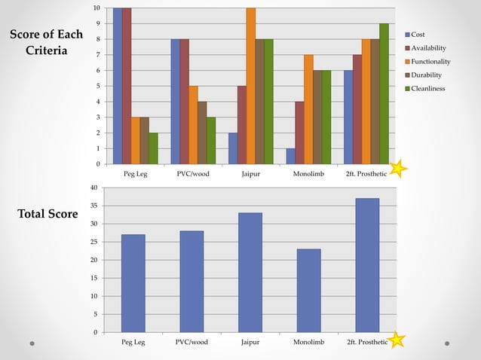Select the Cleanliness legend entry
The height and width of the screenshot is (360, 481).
pyautogui.click(x=427, y=88)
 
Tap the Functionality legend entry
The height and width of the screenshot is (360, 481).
pyautogui.click(x=430, y=61)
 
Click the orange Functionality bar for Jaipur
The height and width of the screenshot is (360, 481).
pyautogui.click(x=250, y=86)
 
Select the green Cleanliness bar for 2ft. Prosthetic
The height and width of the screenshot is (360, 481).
pyautogui.click(x=384, y=93)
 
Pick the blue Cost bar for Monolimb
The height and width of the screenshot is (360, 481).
pyautogui.click(x=290, y=156)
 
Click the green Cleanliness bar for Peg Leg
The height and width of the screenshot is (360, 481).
pyautogui.click(x=153, y=148)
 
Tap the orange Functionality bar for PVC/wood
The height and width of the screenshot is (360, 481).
pyautogui.click(x=193, y=125)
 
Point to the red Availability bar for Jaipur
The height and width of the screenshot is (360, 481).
pyautogui.click(x=241, y=125)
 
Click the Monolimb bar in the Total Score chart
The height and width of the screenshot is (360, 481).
pyautogui.click(x=308, y=291)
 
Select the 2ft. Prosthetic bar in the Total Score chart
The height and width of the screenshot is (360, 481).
pyautogui.click(x=367, y=265)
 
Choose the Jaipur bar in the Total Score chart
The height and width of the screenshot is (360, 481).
pyautogui.click(x=250, y=273)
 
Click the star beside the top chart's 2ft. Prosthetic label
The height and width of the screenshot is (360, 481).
pyautogui.click(x=398, y=169)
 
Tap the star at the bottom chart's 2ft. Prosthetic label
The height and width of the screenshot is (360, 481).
pyautogui.click(x=397, y=340)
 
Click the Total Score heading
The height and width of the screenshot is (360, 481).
pyautogui.click(x=47, y=215)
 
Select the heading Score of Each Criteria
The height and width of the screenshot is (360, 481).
pyautogui.click(x=45, y=43)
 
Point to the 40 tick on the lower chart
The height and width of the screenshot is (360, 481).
pyautogui.click(x=94, y=188)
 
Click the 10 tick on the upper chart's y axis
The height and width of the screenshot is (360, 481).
pyautogui.click(x=96, y=8)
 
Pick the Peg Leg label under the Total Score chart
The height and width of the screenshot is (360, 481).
pyautogui.click(x=133, y=342)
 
